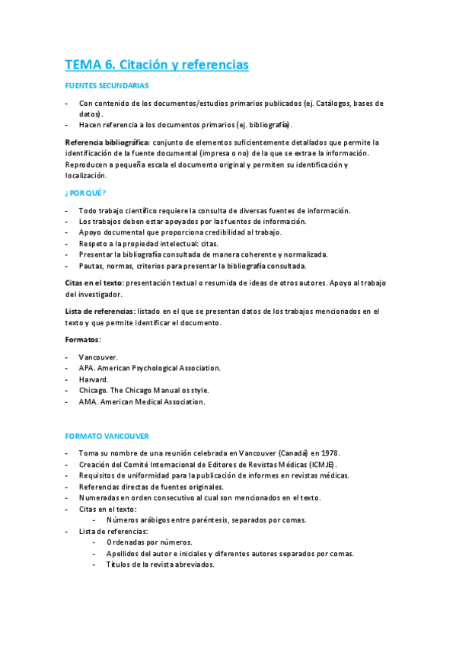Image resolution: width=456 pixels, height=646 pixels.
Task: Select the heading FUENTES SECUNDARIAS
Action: click(x=107, y=86)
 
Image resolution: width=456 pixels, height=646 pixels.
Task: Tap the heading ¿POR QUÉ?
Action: click(x=85, y=193)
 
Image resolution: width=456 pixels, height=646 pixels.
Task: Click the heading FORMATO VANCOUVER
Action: click(x=107, y=436)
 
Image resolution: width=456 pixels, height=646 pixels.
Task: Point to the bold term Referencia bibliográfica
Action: click(x=107, y=142)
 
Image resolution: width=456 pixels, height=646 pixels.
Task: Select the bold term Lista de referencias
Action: click(x=100, y=311)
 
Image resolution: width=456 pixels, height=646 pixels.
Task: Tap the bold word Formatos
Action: click(x=83, y=339)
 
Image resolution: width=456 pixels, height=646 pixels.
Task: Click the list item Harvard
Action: click(x=94, y=379)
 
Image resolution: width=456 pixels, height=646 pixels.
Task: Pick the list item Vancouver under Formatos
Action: click(x=98, y=357)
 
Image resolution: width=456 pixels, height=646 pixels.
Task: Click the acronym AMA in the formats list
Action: click(x=88, y=401)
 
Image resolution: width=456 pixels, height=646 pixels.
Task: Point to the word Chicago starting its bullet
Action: click(x=94, y=390)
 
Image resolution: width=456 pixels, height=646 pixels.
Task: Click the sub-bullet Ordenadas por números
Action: click(x=144, y=542)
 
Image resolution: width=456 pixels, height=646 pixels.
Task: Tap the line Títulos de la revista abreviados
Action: click(x=161, y=564)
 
